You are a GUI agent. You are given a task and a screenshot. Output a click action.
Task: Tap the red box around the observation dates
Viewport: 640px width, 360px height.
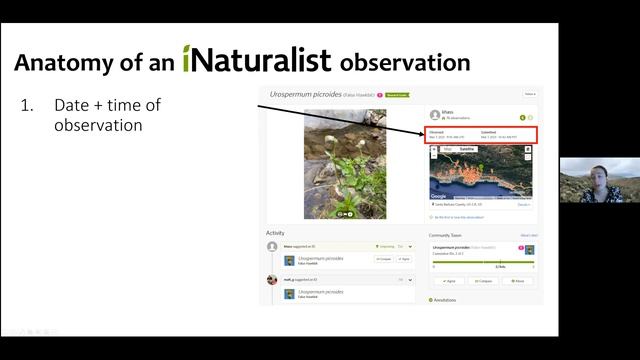pos(481,135)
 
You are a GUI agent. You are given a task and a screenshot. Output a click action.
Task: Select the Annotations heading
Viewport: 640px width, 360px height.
pos(445,299)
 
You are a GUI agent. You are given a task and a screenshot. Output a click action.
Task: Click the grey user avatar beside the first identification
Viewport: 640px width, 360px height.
pos(272,246)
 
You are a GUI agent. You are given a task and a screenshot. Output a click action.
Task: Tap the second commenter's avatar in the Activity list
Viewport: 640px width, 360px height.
pos(272,279)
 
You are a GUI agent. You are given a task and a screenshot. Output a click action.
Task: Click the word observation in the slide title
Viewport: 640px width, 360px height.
pos(405,62)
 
